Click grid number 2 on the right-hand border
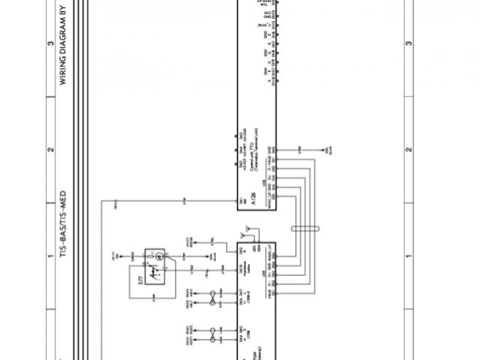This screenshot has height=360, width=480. pyautogui.click(x=409, y=150)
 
